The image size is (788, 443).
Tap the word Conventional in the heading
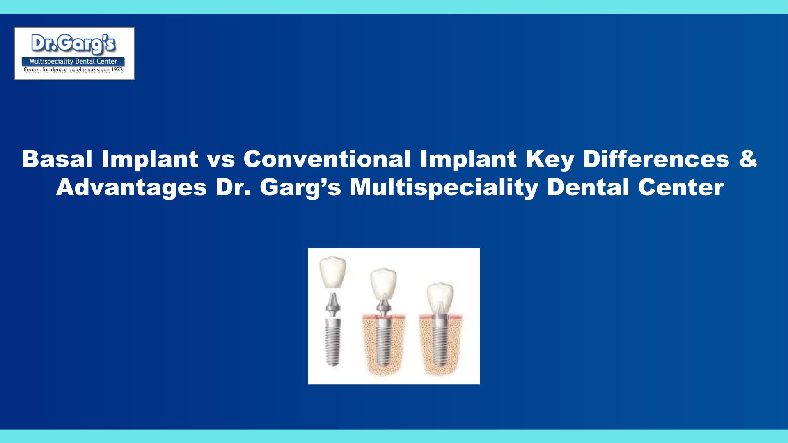point(327,159)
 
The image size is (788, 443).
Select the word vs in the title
point(221,161)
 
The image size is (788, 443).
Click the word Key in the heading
point(549,160)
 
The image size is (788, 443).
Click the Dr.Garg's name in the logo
point(74,44)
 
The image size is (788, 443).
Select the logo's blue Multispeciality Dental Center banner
point(73,62)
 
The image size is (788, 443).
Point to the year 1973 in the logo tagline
point(117,70)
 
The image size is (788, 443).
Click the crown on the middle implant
point(383,283)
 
